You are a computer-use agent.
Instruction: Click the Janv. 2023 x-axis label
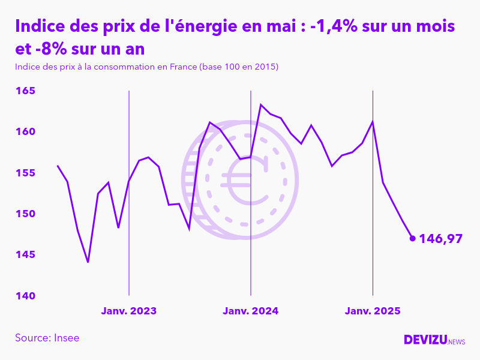click(129, 311)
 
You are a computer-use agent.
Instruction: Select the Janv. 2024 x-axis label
click(251, 311)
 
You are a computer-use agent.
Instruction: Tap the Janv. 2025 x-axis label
click(373, 311)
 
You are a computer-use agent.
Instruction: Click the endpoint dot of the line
click(412, 238)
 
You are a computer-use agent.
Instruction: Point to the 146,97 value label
click(441, 239)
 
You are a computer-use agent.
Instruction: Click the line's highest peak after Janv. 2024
click(260, 104)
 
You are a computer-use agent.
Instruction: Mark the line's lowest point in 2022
click(88, 262)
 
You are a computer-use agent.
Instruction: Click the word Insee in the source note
click(66, 338)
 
